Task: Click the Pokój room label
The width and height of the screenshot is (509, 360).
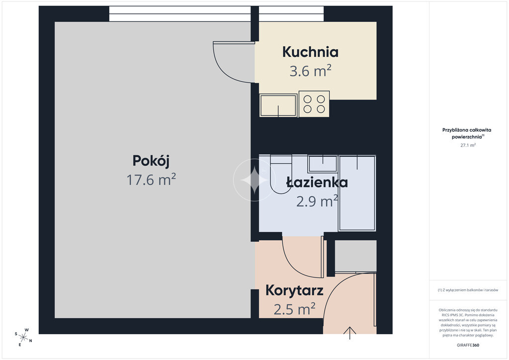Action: coord(151,161)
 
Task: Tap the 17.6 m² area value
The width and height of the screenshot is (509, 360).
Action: coord(151,180)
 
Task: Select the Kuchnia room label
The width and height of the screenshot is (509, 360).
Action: coord(310,52)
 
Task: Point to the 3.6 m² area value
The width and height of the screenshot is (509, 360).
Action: coord(310,71)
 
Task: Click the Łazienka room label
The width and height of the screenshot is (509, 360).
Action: coord(317,182)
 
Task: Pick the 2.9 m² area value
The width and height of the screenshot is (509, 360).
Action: coord(317,201)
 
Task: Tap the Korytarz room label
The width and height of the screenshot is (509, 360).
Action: coord(294,290)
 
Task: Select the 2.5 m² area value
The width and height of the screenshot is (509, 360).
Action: coord(294,309)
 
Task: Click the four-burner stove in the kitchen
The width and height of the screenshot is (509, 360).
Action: coord(314,104)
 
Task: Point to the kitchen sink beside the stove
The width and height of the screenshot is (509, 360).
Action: coord(278,105)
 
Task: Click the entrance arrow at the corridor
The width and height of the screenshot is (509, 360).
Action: coord(349,333)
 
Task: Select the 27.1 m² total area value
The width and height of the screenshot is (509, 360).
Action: coord(468,145)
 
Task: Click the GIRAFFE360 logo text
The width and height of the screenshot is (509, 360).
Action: coord(468,345)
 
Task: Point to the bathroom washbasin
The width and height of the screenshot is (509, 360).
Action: coord(322,164)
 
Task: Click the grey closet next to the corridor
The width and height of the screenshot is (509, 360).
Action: coord(355,256)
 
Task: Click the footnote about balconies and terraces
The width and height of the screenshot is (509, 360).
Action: coord(468,290)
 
